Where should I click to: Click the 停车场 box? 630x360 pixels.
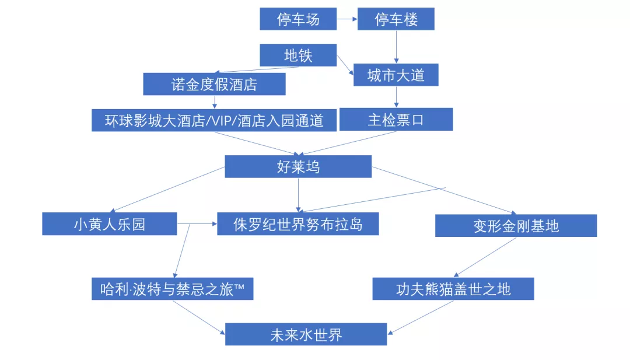click(298, 19)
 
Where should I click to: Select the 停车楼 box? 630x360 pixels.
click(396, 19)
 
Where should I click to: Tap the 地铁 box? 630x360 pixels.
click(298, 55)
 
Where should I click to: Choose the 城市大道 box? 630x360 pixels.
click(396, 75)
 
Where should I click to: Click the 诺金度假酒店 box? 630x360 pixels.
click(214, 84)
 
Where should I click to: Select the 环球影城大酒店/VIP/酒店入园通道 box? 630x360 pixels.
click(214, 120)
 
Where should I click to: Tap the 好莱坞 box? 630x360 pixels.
click(298, 167)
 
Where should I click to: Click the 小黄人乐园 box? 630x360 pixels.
click(110, 224)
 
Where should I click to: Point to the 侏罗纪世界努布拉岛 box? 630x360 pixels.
click(298, 224)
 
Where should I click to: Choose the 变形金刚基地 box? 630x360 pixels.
click(516, 226)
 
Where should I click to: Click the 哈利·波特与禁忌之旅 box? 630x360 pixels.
click(172, 289)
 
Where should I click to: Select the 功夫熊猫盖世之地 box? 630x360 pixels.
click(453, 289)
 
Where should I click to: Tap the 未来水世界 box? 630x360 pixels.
click(306, 334)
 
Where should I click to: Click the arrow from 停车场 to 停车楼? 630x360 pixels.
click(347, 19)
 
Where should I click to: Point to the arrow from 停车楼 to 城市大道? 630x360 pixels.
click(397, 47)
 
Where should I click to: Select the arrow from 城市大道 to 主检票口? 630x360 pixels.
click(397, 97)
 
